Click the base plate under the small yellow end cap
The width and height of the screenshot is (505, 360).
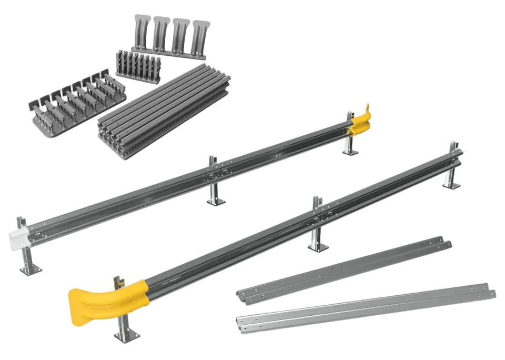(x=350, y=152)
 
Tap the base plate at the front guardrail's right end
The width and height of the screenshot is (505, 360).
(x=451, y=185)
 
